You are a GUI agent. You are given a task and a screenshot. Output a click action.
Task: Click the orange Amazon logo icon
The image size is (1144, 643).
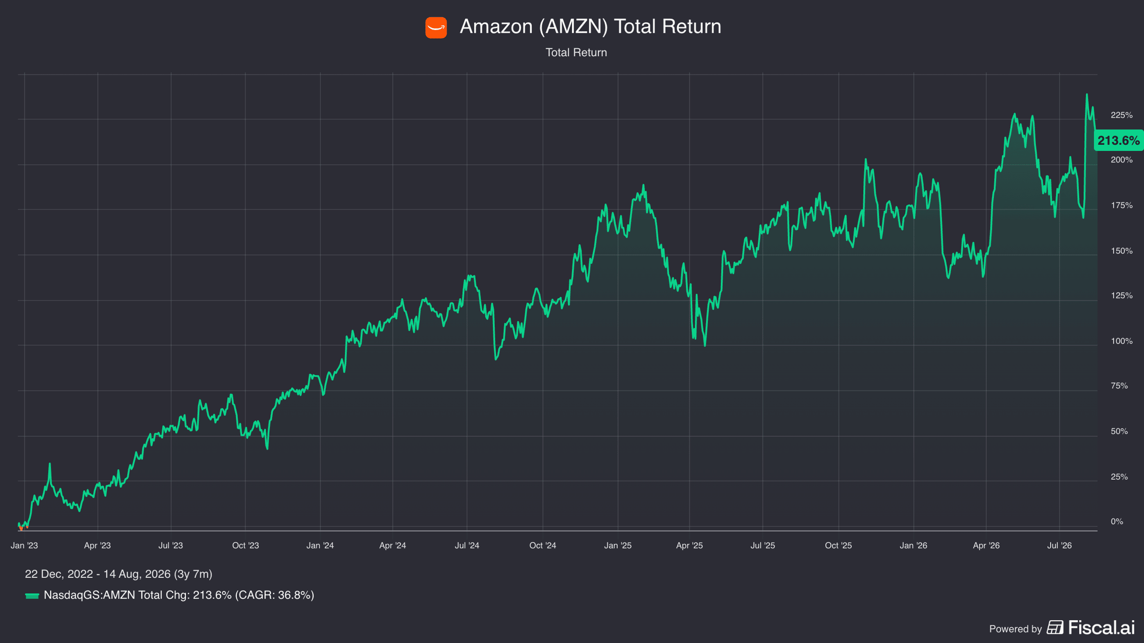[x=436, y=28]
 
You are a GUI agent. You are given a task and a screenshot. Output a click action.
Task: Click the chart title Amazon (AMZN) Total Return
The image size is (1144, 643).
[x=590, y=27]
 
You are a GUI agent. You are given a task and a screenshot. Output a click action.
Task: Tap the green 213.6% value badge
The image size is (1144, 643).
[x=1118, y=141]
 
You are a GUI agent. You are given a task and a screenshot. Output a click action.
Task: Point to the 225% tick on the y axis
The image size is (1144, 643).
[x=1122, y=115]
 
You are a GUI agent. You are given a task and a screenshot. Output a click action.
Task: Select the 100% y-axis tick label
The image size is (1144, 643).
[x=1122, y=341]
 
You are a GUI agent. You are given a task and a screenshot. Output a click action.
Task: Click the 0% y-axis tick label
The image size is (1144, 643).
[x=1117, y=522]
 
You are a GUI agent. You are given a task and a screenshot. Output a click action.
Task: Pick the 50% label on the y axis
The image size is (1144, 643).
[x=1119, y=432]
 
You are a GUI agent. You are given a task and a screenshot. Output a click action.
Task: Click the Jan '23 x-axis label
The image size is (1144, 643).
[x=24, y=545]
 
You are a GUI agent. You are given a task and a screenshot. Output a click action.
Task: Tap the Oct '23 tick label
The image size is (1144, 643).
[x=245, y=545]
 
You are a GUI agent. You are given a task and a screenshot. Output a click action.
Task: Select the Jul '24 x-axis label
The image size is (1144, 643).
[x=467, y=545]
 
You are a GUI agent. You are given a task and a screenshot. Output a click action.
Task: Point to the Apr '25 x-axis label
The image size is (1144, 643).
[x=689, y=545]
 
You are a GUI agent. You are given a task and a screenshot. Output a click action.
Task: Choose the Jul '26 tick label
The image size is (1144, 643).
[x=1059, y=545]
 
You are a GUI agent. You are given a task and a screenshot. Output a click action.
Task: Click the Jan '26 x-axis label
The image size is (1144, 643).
[x=913, y=545]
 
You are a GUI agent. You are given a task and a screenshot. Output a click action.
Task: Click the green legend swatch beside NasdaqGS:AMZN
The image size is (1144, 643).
[x=32, y=596]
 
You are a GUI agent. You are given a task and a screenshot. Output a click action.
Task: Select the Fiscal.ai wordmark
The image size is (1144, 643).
[x=1101, y=627]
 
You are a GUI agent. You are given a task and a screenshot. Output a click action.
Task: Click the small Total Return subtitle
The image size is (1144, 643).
[x=576, y=52]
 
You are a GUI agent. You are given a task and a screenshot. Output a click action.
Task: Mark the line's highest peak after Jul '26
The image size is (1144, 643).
[x=1087, y=94]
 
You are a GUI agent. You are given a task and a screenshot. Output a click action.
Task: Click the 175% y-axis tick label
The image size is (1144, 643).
[x=1122, y=205]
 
